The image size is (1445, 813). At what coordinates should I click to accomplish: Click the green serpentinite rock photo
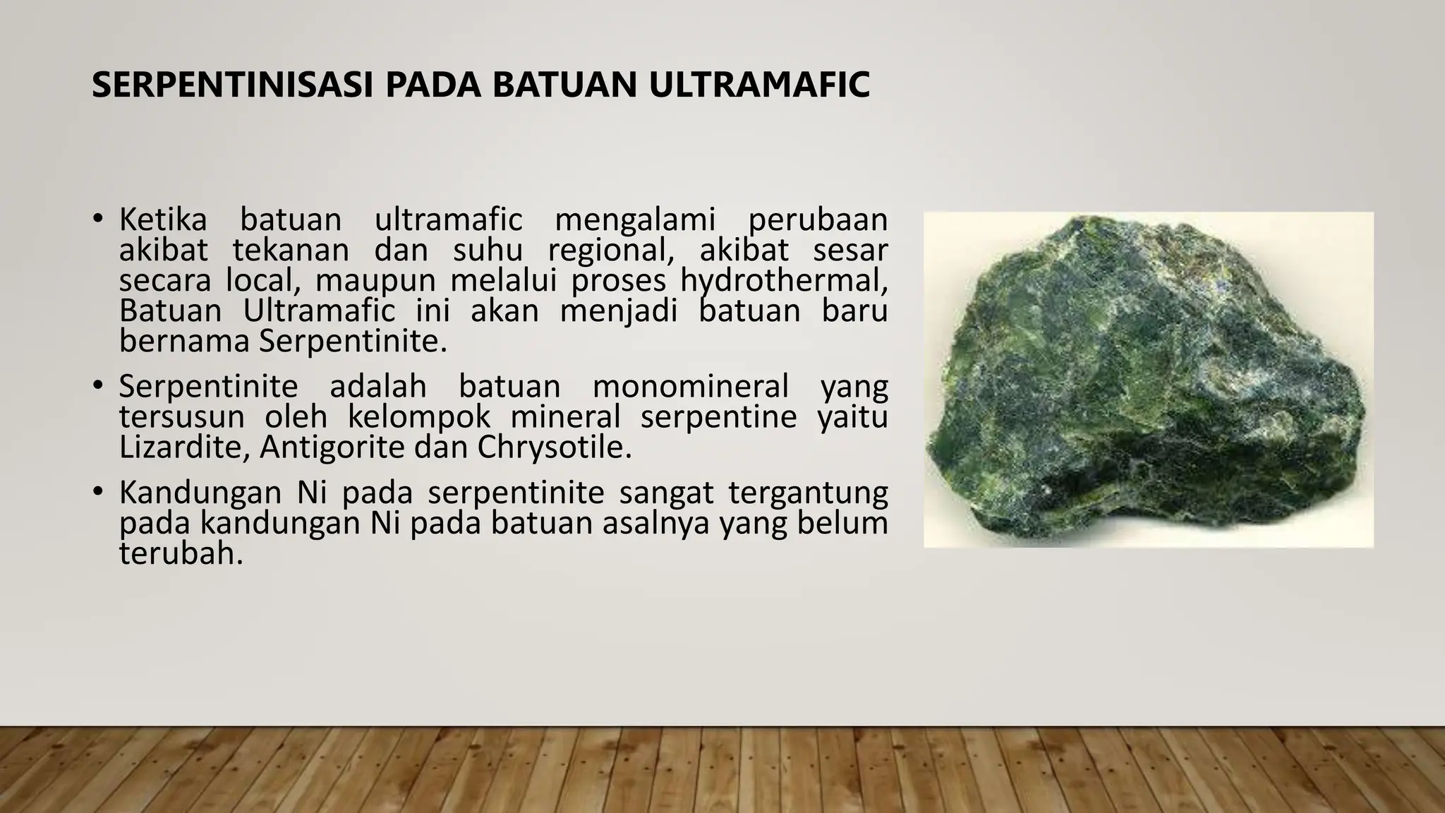point(1148,379)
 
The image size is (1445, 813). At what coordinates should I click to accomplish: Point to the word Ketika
point(163,220)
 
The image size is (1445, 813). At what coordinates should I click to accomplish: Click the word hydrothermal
point(782,281)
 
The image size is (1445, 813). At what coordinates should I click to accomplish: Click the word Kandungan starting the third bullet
point(201,493)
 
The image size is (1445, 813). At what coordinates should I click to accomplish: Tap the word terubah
point(181,554)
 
